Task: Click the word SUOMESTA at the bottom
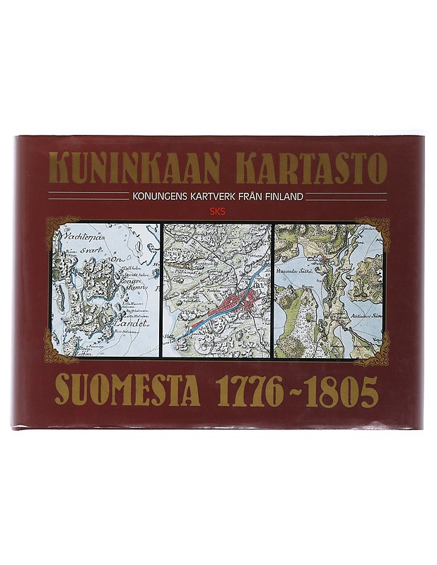(128, 393)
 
